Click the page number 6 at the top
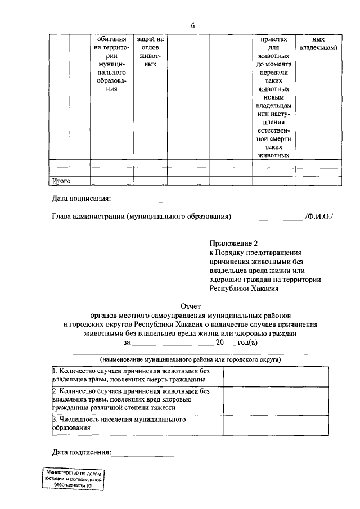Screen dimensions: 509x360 [x=192, y=26]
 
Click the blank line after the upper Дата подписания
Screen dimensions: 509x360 [x=142, y=199]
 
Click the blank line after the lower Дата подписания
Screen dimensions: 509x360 [x=143, y=452]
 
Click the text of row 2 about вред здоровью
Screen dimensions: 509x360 [x=130, y=399]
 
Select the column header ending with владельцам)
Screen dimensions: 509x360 [x=318, y=44]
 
